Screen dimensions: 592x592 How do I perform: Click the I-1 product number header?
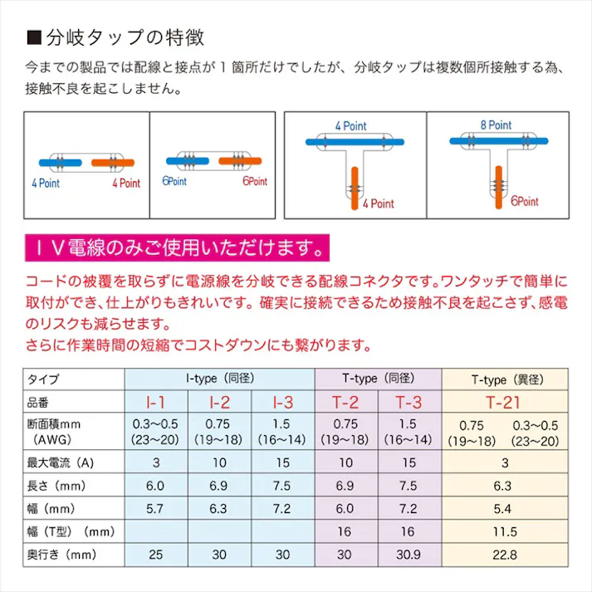(x=156, y=404)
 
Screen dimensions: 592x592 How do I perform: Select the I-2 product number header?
(x=219, y=404)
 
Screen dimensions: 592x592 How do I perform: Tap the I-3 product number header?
(x=283, y=404)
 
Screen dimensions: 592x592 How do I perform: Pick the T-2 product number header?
(x=346, y=404)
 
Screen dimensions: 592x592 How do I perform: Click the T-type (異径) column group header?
(x=505, y=379)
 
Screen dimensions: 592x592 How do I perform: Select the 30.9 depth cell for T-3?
(x=409, y=554)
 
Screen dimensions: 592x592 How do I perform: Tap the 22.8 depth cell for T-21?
(x=505, y=554)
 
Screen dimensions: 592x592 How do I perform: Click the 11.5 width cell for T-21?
(x=505, y=531)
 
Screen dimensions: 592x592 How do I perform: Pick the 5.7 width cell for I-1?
(x=156, y=507)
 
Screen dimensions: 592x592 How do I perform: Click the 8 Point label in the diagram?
(x=496, y=125)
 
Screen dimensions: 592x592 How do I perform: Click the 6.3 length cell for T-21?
(x=505, y=484)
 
